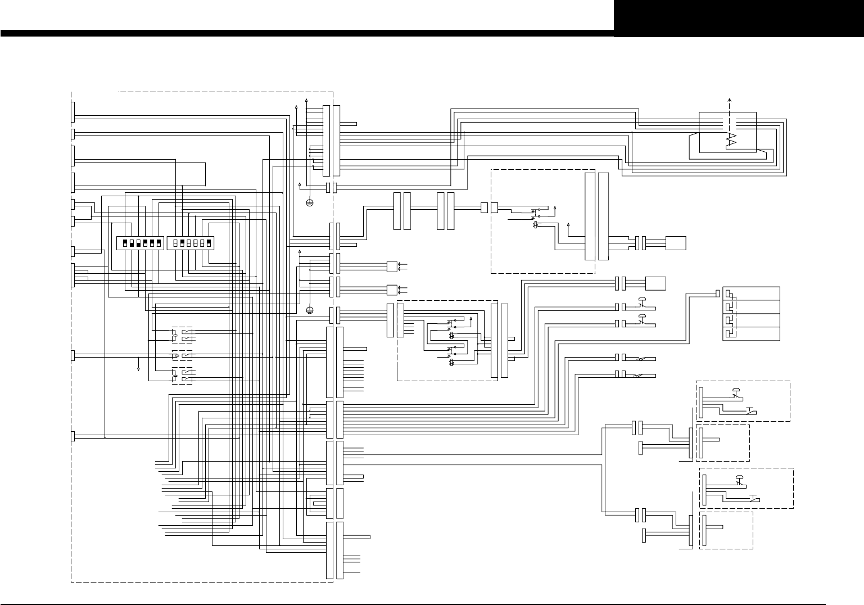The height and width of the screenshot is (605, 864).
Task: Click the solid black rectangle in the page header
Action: (x=738, y=18)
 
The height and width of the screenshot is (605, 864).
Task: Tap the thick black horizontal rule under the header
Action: (x=306, y=33)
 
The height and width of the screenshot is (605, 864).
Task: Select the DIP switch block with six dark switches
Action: (x=139, y=243)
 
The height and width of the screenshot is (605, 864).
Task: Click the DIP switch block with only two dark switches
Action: (x=191, y=243)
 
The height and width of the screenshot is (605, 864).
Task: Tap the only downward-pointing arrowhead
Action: (x=138, y=369)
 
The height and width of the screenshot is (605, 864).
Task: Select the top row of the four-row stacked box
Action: (x=751, y=294)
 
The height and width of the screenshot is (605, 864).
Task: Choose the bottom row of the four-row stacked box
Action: (x=751, y=333)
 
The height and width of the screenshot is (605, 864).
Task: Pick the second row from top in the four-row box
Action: (x=751, y=307)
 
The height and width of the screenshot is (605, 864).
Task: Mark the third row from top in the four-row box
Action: (x=751, y=320)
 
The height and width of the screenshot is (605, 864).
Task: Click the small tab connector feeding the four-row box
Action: (x=717, y=293)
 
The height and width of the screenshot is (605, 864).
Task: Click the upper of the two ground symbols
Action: (x=309, y=203)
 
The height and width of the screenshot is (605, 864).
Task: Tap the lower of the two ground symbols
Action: (x=309, y=310)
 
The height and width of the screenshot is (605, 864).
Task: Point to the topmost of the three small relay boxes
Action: (x=182, y=335)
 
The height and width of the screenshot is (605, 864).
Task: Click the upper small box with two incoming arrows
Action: (x=391, y=266)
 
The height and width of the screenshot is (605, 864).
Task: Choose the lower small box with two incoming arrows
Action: (x=391, y=290)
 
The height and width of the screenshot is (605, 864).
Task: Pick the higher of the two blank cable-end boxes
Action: (x=675, y=243)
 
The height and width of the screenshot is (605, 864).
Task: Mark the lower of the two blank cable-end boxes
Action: (x=656, y=283)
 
